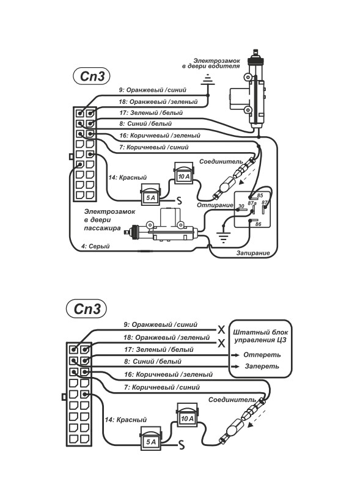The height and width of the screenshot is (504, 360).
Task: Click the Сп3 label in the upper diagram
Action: click(x=92, y=76)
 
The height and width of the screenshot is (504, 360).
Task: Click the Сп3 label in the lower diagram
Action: click(x=86, y=309)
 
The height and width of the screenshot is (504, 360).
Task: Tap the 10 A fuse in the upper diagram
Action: click(x=184, y=173)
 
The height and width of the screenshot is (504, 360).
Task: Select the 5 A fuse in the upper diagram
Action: click(x=150, y=195)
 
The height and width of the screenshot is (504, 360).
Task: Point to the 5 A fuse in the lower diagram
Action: click(x=151, y=439)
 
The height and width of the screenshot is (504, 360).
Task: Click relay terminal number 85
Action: click(x=260, y=195)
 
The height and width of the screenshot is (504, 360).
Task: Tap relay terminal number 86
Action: click(x=258, y=224)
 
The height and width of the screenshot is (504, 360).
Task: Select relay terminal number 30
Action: click(x=241, y=206)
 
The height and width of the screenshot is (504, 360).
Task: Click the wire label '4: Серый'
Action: click(x=95, y=246)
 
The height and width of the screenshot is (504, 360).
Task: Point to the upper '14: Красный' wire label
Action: click(x=127, y=177)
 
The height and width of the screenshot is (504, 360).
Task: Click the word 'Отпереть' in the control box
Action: click(x=262, y=355)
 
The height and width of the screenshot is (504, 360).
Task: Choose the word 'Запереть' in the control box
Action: click(x=262, y=366)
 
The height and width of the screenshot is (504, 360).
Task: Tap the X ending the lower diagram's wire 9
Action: click(x=221, y=330)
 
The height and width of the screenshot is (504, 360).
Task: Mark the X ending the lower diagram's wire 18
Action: click(x=221, y=343)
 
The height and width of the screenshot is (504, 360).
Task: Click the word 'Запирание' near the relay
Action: click(x=253, y=253)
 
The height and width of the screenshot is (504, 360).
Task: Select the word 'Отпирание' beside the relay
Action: click(x=215, y=205)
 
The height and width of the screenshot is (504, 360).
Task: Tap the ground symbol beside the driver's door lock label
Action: click(x=208, y=80)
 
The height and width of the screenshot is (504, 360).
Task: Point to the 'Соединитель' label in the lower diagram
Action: click(x=232, y=400)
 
